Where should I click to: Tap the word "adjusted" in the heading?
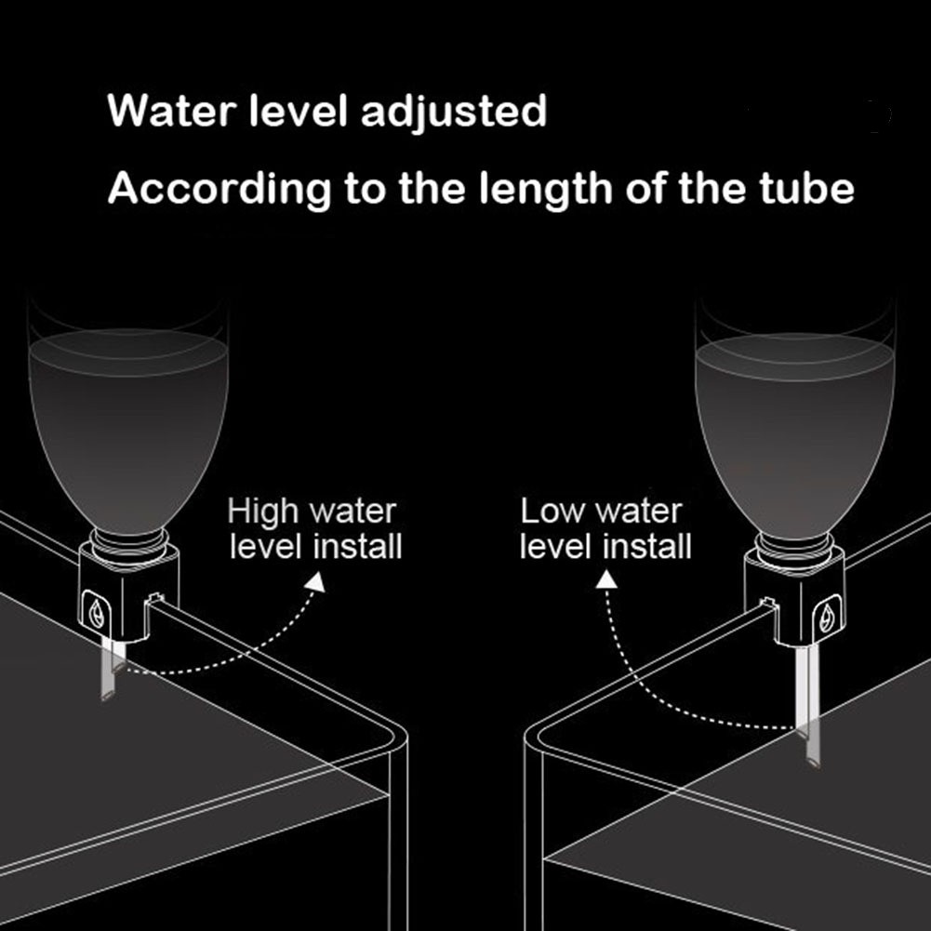pos(453,113)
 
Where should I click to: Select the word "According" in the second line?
pos(219,189)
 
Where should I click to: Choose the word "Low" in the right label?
pos(553,512)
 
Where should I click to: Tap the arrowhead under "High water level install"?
pos(316,583)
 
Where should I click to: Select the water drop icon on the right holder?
pos(825,616)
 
